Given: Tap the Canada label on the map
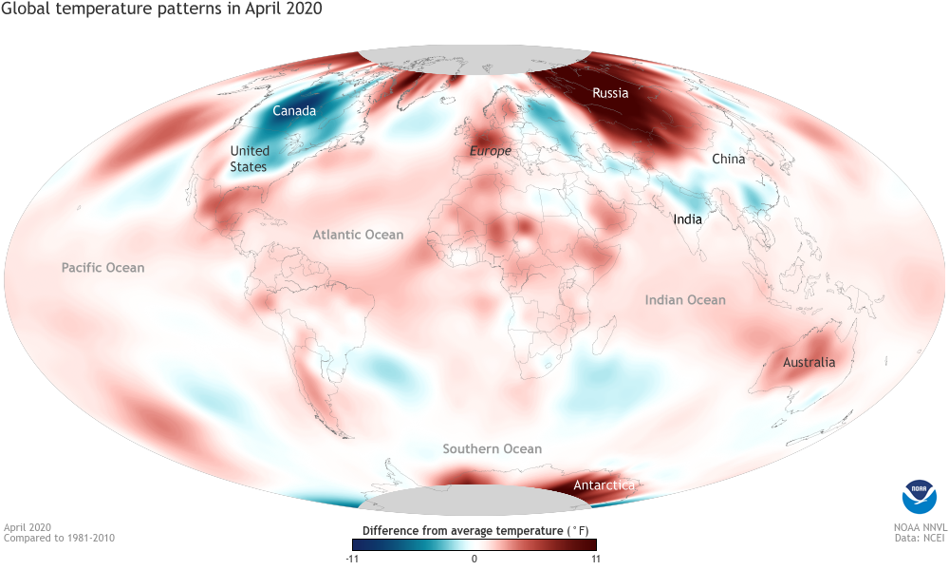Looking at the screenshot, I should point(294,111).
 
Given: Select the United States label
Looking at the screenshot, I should point(250,159).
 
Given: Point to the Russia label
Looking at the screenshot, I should point(610,93).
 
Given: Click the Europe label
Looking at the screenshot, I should point(491,151).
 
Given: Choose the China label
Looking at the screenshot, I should point(728,159).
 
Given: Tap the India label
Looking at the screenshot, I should point(687,219).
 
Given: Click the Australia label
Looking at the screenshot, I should point(809,362).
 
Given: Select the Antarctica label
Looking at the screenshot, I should point(604,485).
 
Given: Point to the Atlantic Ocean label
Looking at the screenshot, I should point(359,235).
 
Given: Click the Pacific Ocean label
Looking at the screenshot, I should point(103,268).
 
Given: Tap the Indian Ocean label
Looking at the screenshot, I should point(685,300).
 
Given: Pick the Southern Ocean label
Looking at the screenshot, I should point(493,448).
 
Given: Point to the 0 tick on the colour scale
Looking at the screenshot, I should point(474,559).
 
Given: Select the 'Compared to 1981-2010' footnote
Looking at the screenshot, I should point(59,538).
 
